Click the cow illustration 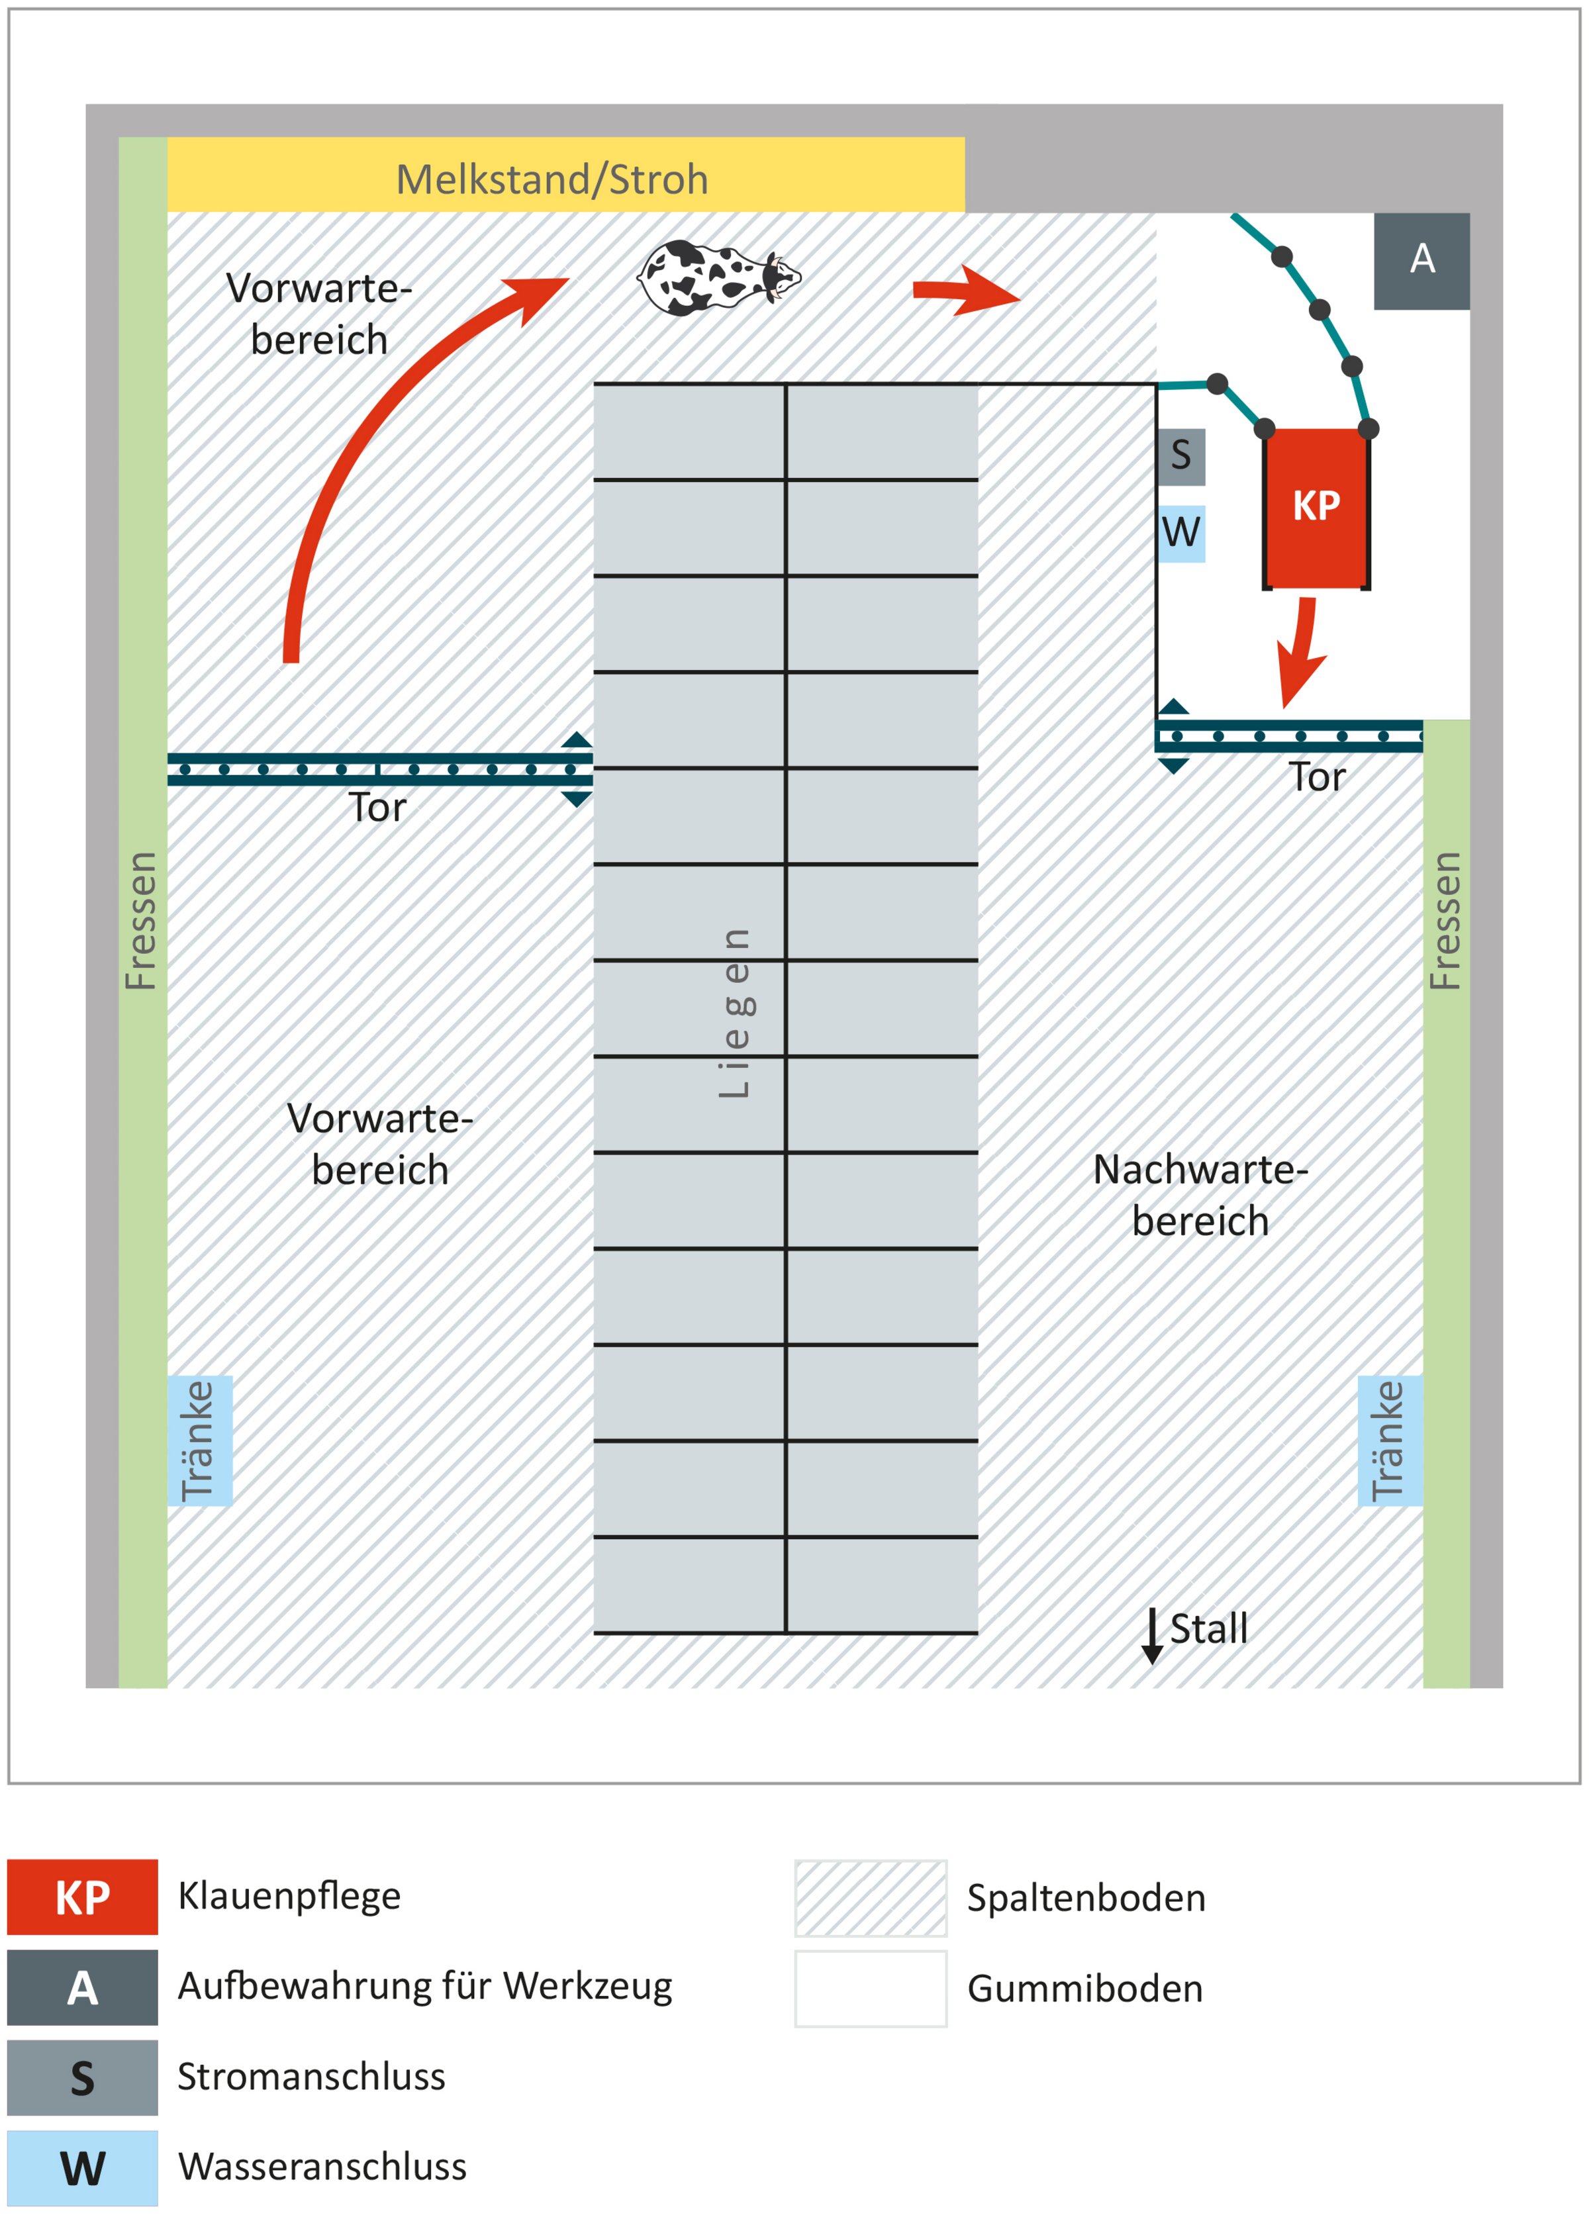pos(717,277)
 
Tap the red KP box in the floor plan pos(1316,508)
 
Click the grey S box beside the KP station pos(1180,456)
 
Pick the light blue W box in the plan pos(1180,534)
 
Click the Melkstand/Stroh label pos(552,179)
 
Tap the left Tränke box pos(199,1440)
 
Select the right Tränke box pos(1389,1440)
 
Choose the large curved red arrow pos(371,440)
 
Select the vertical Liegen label pos(734,1013)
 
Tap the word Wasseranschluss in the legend pos(322,2166)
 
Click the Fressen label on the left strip pos(142,920)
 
